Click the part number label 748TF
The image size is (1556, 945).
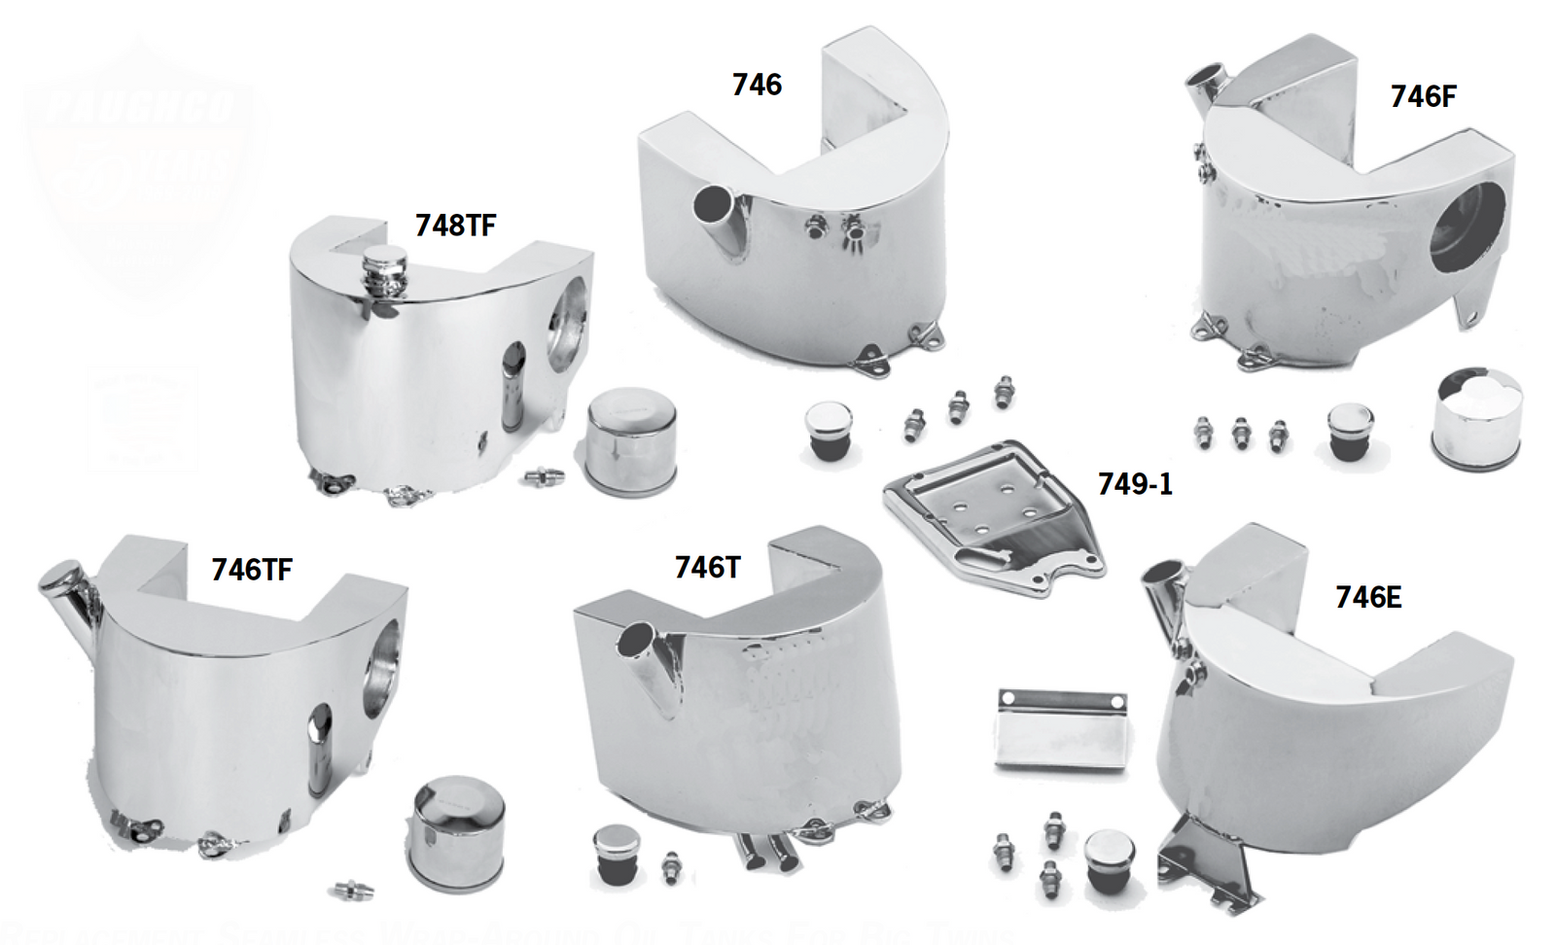[455, 225]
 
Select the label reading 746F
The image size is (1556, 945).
[1423, 96]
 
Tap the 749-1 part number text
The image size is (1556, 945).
[1135, 483]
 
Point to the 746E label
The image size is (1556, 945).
[1368, 597]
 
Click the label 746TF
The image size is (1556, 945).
[252, 569]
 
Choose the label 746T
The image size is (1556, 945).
[707, 567]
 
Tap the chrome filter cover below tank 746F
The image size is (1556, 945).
[1476, 420]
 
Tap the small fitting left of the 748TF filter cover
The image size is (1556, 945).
[544, 475]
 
